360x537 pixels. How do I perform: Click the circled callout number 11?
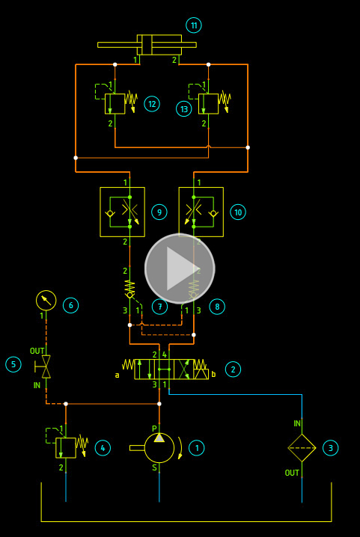point(194,25)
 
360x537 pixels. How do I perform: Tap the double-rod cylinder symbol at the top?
point(147,45)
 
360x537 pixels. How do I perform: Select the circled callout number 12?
point(152,104)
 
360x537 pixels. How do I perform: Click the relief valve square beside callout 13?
point(209,104)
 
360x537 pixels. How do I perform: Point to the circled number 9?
point(159,212)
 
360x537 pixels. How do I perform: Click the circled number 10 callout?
point(238,212)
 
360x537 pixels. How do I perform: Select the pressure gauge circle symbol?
point(46,301)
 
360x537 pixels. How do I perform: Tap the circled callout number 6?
point(70,305)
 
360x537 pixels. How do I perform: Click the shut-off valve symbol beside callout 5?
point(44,366)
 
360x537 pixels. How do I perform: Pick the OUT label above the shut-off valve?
point(37,351)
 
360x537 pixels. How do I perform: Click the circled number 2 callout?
point(234,369)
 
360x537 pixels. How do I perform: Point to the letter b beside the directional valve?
point(213,374)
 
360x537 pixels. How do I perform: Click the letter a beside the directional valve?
point(118,375)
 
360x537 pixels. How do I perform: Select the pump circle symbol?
point(159,448)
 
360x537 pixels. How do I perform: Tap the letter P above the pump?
point(154,429)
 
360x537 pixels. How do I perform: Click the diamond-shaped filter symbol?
point(302,448)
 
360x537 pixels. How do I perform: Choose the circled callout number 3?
point(331,448)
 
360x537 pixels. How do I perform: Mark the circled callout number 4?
point(103,448)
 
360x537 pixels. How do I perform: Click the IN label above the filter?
point(297,423)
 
